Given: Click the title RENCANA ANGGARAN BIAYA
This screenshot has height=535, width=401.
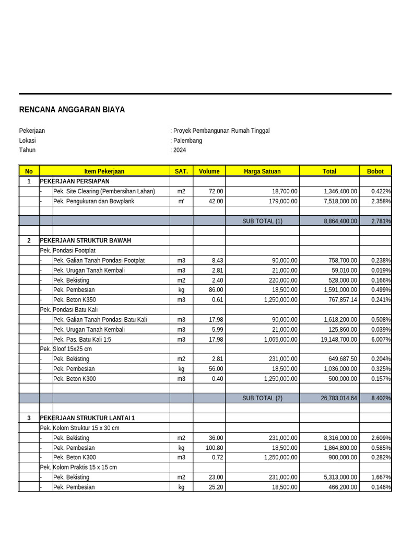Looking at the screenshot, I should point(72,110).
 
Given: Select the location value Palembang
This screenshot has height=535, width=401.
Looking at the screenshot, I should point(187,141).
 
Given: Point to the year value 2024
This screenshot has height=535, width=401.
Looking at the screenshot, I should point(180,150).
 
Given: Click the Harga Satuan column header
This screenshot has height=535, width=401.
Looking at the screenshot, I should point(262,171).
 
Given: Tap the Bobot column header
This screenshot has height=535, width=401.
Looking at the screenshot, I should point(375,171).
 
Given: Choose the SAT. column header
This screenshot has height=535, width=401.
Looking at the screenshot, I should point(181,171).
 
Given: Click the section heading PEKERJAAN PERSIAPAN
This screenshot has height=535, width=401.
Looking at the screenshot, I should point(75,181).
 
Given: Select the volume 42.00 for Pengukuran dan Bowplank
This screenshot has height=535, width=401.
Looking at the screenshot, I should point(216,201).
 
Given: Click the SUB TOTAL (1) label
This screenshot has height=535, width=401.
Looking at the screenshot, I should point(262,221).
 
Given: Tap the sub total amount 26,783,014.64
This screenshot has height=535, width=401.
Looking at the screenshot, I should point(339,398).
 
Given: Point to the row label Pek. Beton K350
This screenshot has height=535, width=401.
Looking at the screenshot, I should point(75,300).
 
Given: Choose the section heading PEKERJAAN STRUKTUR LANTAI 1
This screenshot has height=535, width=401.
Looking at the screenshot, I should point(87,418).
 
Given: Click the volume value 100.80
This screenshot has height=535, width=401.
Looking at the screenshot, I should point(214,448).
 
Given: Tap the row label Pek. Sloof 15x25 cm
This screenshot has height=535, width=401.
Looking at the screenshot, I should point(66,349).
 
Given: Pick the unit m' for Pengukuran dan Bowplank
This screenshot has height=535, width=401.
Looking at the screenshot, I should point(181,201).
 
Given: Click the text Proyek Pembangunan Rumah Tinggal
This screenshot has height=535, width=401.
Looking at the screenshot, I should point(221,131).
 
